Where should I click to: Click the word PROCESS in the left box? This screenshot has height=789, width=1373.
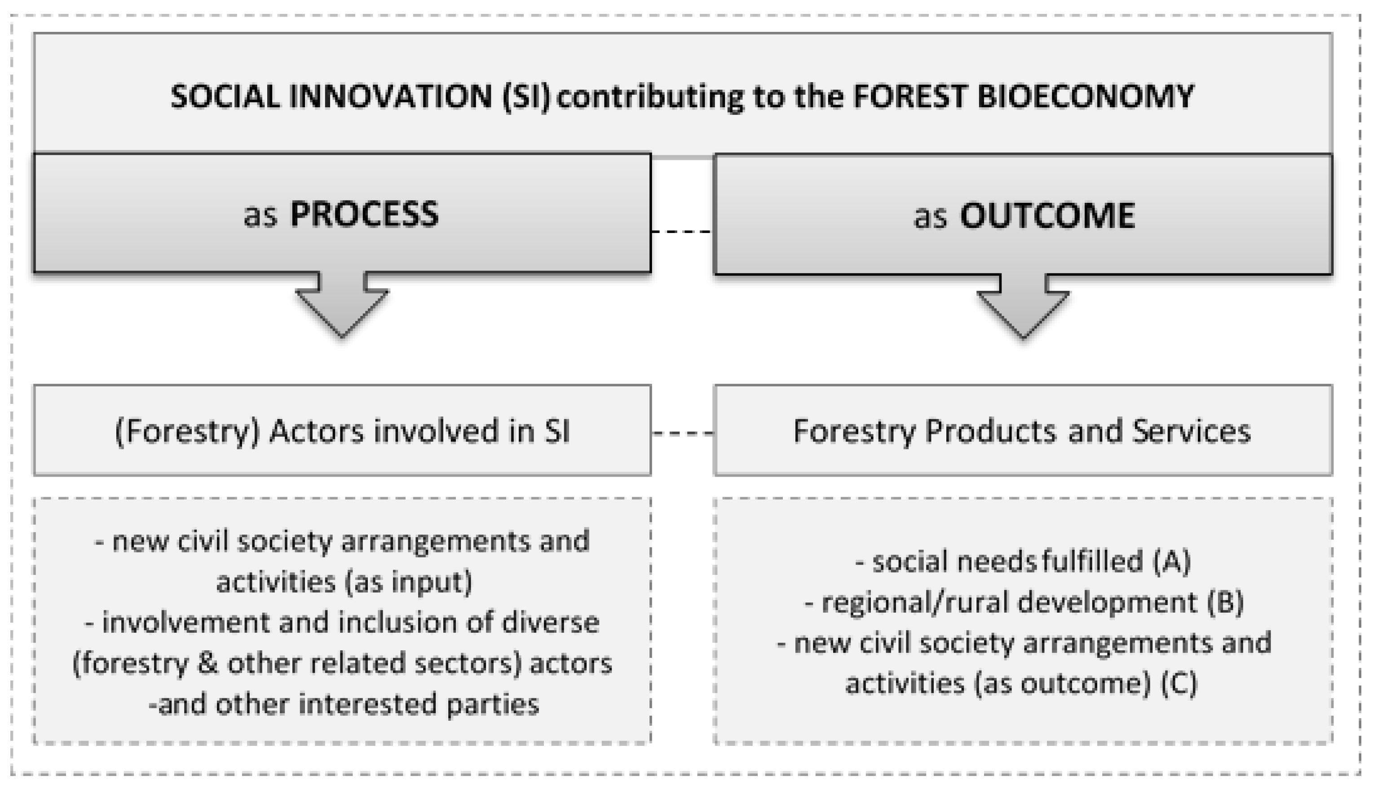364,214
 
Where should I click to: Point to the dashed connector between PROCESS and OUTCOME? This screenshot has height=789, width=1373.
682,232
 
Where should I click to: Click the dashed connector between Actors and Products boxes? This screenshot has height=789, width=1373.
683,433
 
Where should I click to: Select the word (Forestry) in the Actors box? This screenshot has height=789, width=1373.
188,432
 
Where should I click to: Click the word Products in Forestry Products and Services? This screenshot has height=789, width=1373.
991,432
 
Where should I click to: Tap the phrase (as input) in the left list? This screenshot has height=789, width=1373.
408,582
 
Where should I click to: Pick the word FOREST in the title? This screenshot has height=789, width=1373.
910,96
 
